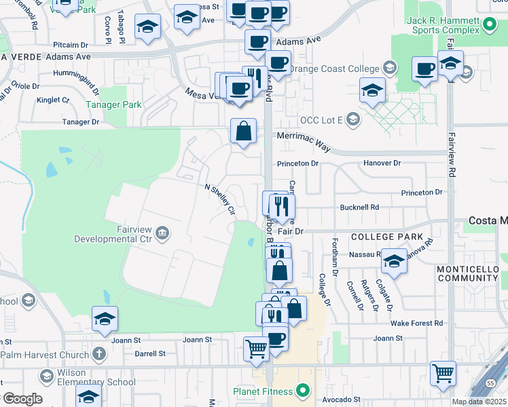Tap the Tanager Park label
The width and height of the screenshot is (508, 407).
(x=113, y=105)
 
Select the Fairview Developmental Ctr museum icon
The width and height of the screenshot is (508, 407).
(x=162, y=234)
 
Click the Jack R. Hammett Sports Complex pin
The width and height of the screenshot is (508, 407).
(x=490, y=26)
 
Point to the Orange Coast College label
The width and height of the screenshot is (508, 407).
(x=334, y=68)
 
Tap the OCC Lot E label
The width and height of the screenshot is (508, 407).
(x=323, y=120)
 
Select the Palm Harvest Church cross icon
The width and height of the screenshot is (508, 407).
(x=99, y=354)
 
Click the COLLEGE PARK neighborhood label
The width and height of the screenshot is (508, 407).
(x=382, y=236)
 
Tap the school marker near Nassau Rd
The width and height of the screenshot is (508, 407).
(x=394, y=260)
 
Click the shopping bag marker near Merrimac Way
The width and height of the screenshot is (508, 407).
(x=243, y=130)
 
